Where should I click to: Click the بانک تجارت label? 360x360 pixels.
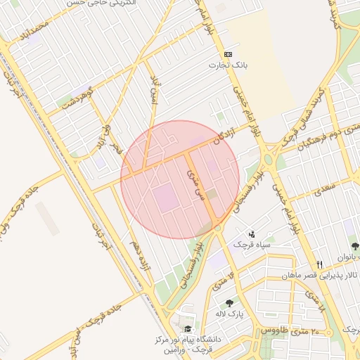228,65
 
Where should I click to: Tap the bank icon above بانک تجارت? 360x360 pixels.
228,54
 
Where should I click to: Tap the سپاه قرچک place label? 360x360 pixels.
252,245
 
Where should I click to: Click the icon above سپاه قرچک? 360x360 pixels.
252,234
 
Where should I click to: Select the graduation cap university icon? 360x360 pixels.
187,329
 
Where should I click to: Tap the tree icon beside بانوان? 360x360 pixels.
355,246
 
